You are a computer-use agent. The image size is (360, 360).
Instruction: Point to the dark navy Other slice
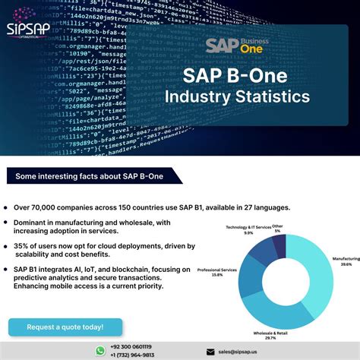(279, 245)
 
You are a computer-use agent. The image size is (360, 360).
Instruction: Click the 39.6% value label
(346, 264)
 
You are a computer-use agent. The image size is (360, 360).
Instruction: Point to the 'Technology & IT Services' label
(248, 227)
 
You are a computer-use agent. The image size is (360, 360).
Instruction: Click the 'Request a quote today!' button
(65, 327)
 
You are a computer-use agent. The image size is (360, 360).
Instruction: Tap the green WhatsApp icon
(100, 351)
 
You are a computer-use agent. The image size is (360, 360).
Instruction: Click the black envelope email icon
(210, 352)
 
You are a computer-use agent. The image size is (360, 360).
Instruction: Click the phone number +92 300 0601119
(131, 347)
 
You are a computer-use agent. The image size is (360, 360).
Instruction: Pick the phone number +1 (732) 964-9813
(131, 355)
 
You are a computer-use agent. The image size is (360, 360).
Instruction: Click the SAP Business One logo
(231, 46)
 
